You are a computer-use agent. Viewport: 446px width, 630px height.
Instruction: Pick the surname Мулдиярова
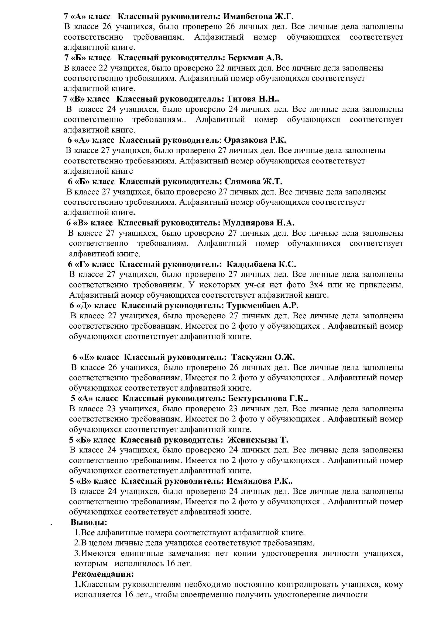pos(249,223)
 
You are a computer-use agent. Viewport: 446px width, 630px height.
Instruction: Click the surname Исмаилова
pos(249,481)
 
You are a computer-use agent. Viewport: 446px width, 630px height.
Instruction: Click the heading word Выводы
pos(89,522)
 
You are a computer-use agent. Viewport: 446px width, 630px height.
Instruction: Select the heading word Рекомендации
pos(103,574)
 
